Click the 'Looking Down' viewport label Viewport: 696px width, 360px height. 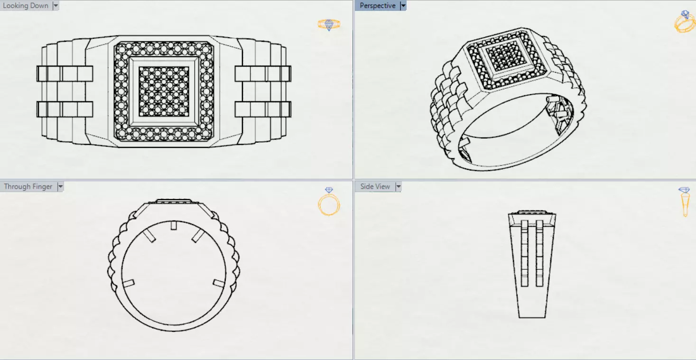pyautogui.click(x=26, y=6)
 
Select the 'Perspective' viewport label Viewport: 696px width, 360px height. pyautogui.click(x=377, y=6)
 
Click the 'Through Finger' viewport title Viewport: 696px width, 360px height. pyautogui.click(x=28, y=186)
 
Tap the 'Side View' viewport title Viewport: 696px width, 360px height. pyautogui.click(x=375, y=186)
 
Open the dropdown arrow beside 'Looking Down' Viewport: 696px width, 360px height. pyautogui.click(x=56, y=6)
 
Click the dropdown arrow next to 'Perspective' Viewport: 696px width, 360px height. pyautogui.click(x=403, y=6)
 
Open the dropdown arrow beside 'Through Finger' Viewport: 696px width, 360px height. pyautogui.click(x=60, y=186)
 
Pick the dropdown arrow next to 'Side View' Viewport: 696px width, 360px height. pyautogui.click(x=398, y=186)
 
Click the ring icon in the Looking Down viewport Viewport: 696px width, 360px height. pyautogui.click(x=329, y=24)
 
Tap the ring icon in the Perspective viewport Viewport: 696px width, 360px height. pyautogui.click(x=684, y=21)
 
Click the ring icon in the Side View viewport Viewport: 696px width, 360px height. pyautogui.click(x=685, y=202)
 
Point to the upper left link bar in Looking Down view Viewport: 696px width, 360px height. pyautogui.click(x=65, y=74)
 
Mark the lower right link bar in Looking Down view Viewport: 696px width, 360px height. pyautogui.click(x=262, y=109)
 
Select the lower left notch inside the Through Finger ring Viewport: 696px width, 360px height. pyautogui.click(x=128, y=283)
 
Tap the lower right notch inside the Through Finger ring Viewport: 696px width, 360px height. pyautogui.click(x=219, y=283)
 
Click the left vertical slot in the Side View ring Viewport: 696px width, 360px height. pyautogui.click(x=525, y=253)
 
